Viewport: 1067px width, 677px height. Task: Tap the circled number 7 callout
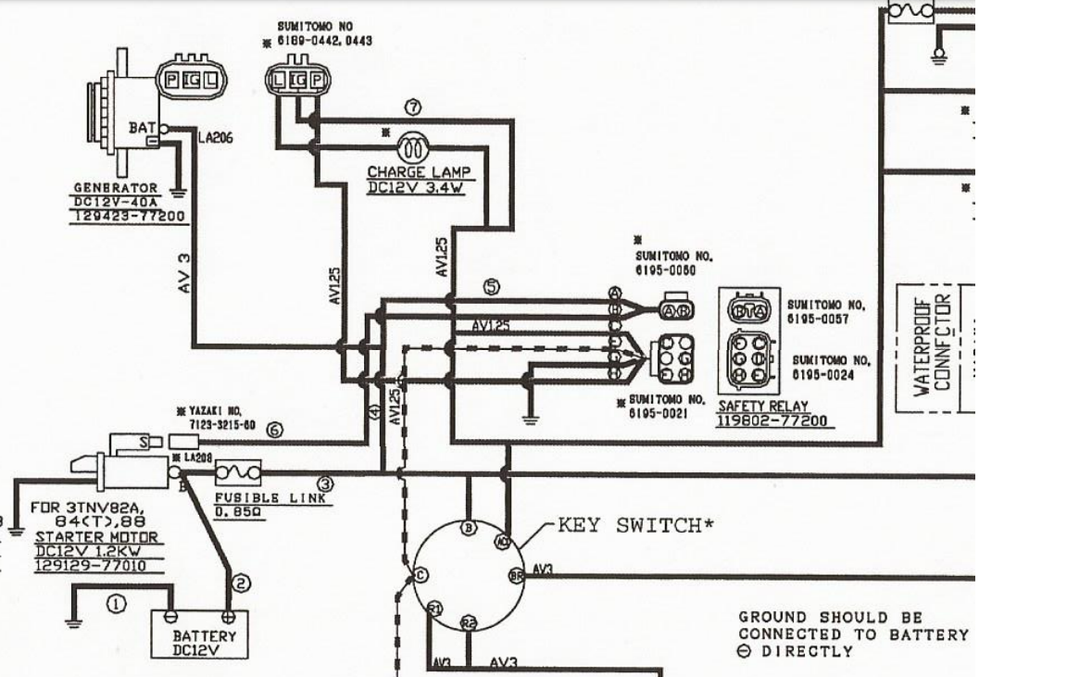pyautogui.click(x=414, y=107)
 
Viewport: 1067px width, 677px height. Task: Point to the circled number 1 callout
pyautogui.click(x=116, y=604)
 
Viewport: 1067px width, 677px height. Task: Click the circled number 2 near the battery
pyautogui.click(x=240, y=583)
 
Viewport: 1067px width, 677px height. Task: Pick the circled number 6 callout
pyautogui.click(x=273, y=429)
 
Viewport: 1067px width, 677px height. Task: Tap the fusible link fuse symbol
pyautogui.click(x=238, y=473)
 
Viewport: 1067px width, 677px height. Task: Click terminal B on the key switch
pyautogui.click(x=469, y=528)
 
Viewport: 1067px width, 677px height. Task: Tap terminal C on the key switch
pyautogui.click(x=421, y=575)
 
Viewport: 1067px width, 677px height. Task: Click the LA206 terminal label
pyautogui.click(x=215, y=138)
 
